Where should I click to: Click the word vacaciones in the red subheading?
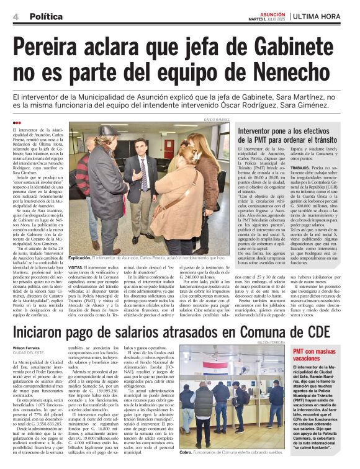pyautogui.click(x=309, y=359)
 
